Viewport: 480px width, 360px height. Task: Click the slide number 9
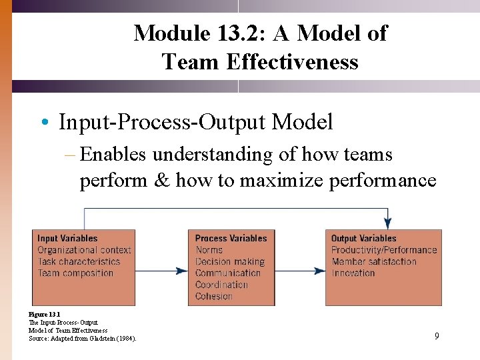click(437, 336)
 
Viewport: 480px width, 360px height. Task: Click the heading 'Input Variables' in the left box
click(67, 238)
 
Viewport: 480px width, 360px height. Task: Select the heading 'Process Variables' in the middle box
click(231, 238)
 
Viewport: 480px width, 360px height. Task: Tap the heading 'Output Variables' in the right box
click(364, 238)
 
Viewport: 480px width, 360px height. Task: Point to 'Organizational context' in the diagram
click(84, 250)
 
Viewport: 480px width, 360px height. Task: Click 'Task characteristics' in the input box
click(79, 261)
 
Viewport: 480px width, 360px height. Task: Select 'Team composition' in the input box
click(75, 273)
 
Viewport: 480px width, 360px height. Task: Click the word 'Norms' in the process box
click(209, 250)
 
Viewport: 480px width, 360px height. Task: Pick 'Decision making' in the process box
click(230, 261)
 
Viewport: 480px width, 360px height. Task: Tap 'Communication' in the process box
click(228, 273)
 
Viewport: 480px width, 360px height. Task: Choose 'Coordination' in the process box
click(221, 285)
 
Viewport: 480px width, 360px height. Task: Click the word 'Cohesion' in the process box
click(213, 296)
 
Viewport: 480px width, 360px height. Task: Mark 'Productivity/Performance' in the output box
click(384, 250)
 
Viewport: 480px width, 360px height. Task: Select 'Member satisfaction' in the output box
click(374, 261)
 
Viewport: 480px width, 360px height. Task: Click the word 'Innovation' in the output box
click(353, 273)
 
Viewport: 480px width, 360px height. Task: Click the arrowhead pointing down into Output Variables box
click(388, 223)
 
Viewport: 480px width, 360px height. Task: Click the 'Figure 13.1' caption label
click(45, 314)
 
